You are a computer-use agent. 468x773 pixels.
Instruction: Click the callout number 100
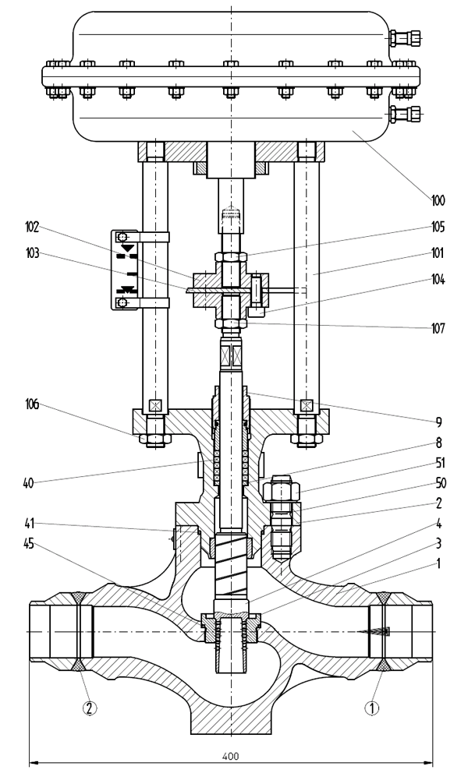click(x=437, y=200)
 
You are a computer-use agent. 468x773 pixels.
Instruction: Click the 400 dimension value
click(x=231, y=755)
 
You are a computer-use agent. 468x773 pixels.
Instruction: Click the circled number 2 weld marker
click(x=90, y=709)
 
